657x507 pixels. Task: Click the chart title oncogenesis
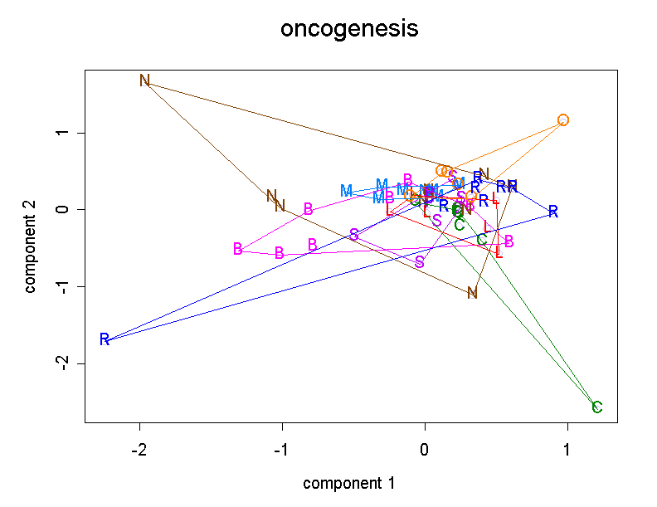point(348,30)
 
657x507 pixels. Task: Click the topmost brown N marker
point(145,80)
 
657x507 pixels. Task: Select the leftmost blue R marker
point(105,339)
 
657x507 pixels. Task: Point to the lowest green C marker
point(596,407)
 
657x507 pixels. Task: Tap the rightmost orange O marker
point(563,119)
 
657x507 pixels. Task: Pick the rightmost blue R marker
point(553,212)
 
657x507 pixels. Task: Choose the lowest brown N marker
point(472,293)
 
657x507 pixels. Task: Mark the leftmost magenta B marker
point(238,249)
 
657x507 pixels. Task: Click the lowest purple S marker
point(420,262)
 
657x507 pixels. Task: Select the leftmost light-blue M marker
point(346,191)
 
